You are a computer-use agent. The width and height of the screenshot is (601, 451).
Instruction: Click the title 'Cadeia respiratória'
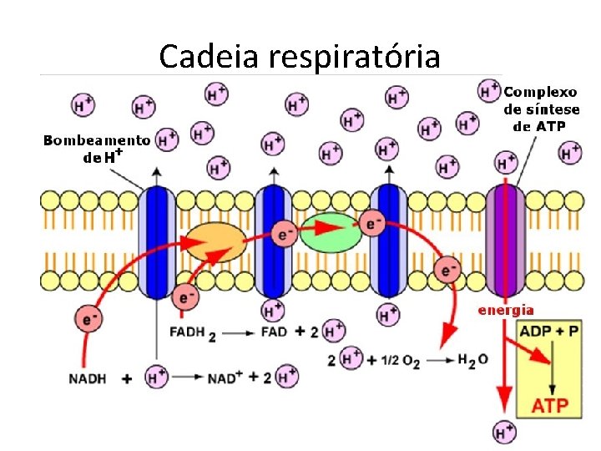tap(299, 56)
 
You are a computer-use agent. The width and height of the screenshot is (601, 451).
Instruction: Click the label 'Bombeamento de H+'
tap(96, 148)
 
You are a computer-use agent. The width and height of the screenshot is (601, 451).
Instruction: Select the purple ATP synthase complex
tap(506, 241)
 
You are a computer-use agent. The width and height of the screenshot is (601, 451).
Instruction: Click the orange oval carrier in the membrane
tap(215, 242)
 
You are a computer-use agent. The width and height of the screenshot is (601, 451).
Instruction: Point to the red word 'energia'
tap(505, 310)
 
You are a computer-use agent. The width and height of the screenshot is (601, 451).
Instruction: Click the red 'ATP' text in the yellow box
tap(550, 407)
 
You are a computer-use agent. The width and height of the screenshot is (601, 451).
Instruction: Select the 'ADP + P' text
tap(548, 332)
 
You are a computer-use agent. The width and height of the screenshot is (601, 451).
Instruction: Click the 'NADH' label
tap(88, 378)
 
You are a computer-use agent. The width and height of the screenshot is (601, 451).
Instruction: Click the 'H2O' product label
tap(473, 359)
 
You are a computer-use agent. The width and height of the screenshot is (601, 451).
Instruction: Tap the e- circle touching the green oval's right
tap(372, 223)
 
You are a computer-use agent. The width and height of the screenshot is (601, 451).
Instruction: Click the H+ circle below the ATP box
tap(504, 432)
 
